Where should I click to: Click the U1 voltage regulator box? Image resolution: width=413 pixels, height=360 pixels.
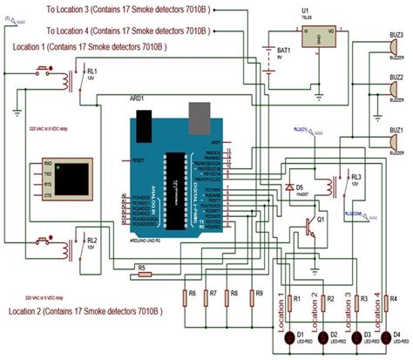coord(317,36)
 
